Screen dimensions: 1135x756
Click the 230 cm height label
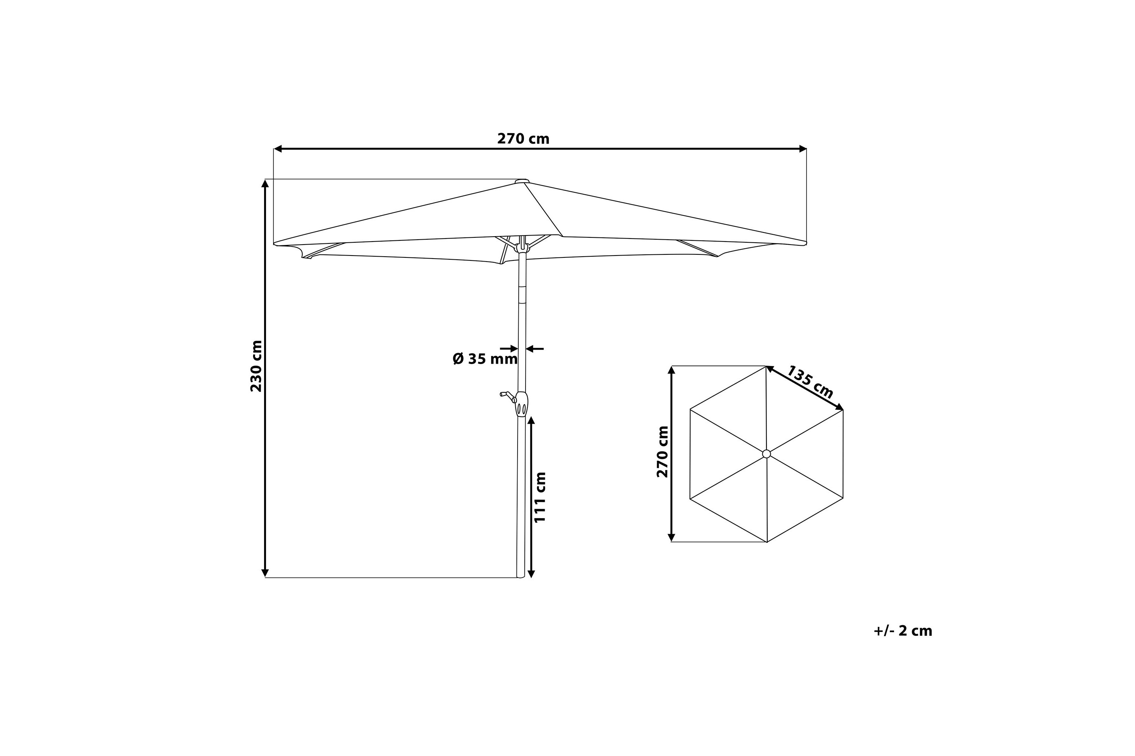[256, 366]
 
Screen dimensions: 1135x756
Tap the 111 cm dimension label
[540, 497]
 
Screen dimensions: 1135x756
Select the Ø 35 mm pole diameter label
[485, 359]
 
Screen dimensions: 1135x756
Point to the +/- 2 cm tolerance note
[903, 631]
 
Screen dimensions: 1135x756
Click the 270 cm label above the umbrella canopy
[523, 139]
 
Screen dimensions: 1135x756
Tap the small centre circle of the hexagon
[767, 454]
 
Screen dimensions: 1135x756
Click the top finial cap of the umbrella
[522, 181]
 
